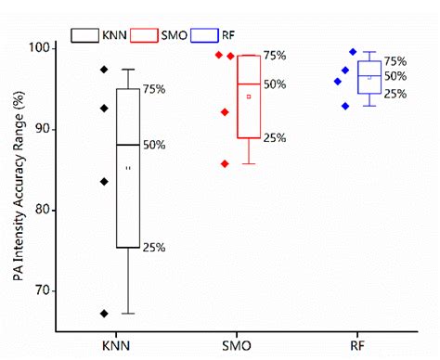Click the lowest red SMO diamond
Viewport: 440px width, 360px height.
(x=224, y=163)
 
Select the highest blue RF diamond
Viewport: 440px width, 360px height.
(x=353, y=52)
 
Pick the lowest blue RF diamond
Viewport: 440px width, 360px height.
(x=345, y=106)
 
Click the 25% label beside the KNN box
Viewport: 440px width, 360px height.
(x=154, y=248)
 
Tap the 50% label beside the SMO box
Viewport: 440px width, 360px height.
(x=275, y=84)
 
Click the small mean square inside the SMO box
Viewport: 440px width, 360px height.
(x=249, y=96)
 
